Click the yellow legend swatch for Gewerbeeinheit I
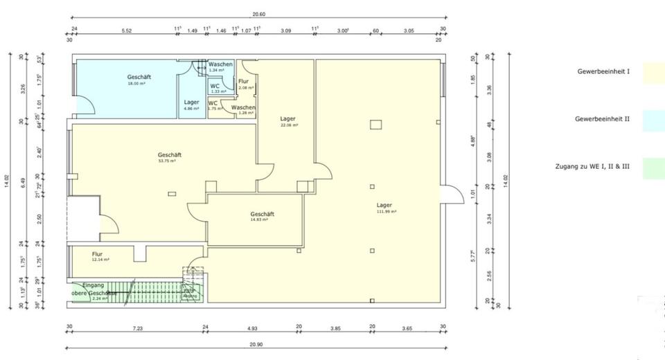[x=653, y=72]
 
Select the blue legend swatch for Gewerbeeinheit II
[x=653, y=120]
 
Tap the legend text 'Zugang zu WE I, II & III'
[x=593, y=168]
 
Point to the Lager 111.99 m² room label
[x=386, y=208]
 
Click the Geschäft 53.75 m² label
[x=170, y=157]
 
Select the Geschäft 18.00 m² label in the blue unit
[x=139, y=80]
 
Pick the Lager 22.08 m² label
[x=288, y=121]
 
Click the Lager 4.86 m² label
[x=191, y=105]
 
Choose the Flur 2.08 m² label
[x=245, y=84]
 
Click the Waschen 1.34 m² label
[x=220, y=66]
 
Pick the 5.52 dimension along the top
[x=127, y=30]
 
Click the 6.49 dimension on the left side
[x=24, y=182]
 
